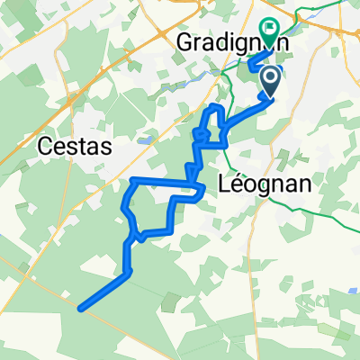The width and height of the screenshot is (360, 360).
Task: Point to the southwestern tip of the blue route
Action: click(x=81, y=309)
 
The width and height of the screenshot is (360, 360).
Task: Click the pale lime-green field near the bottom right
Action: click(x=297, y=333)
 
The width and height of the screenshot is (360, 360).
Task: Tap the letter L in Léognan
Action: click(x=225, y=184)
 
